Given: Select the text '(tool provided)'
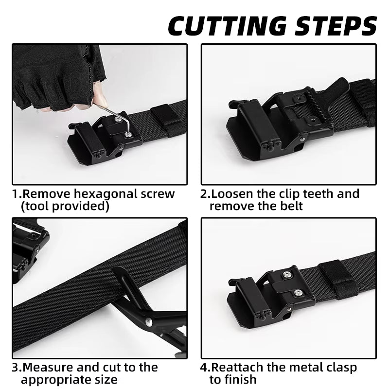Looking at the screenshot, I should [65, 206].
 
